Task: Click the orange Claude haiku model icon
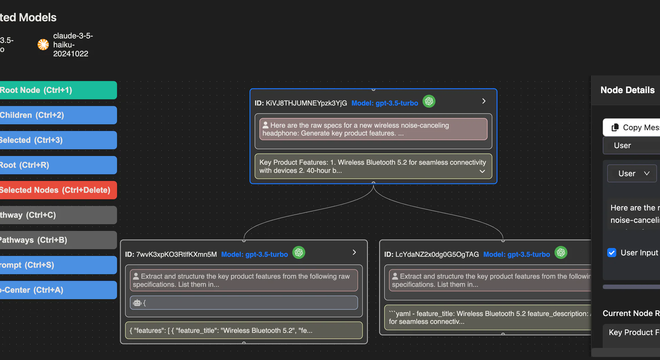coord(43,45)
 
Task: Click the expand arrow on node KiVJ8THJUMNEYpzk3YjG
coord(484,101)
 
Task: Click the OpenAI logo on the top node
coord(429,101)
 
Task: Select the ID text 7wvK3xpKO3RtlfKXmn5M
coord(176,254)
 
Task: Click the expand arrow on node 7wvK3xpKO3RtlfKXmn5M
coord(354,252)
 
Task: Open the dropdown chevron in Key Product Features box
coord(482,171)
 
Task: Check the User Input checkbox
coord(612,253)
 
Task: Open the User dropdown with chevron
coord(632,174)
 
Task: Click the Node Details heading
coord(627,90)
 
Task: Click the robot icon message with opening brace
coord(244,303)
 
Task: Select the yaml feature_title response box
coord(488,318)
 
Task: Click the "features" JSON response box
coord(244,330)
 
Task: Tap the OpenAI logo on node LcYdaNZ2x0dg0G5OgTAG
coord(561,253)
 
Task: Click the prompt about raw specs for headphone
coord(373,129)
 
